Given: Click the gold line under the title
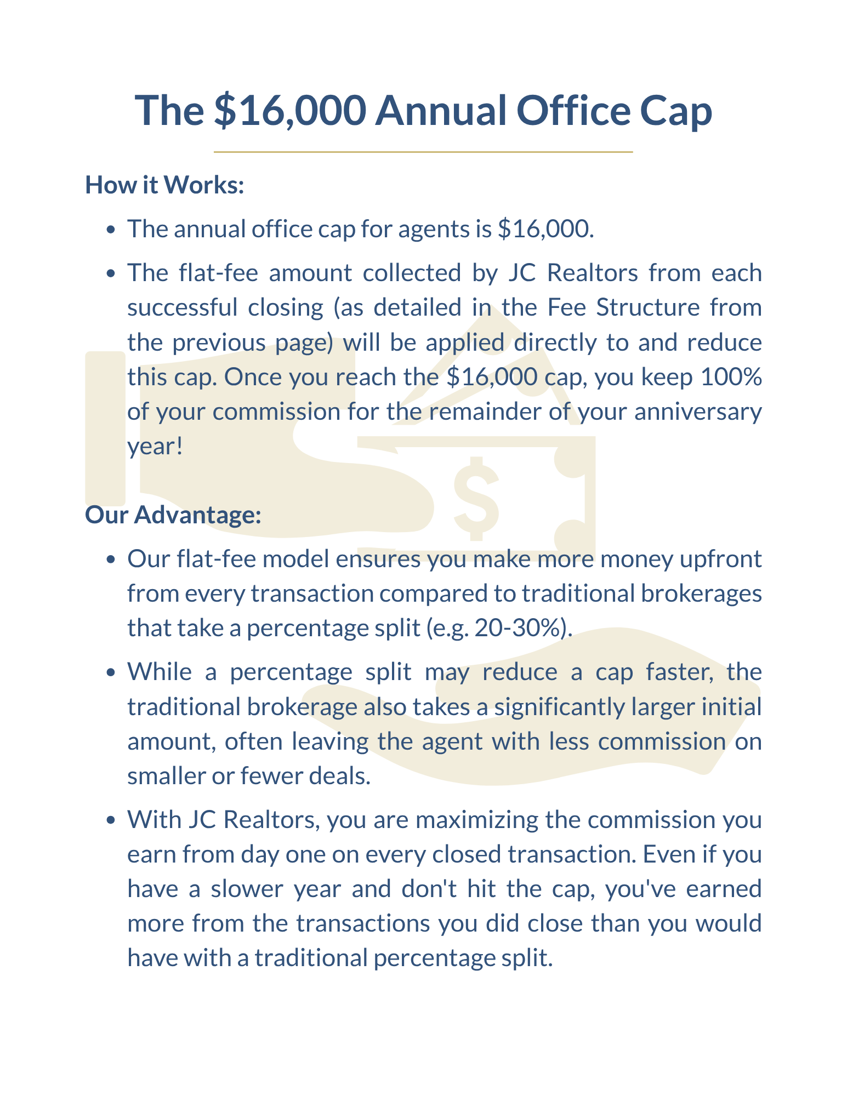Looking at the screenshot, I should click(x=423, y=152).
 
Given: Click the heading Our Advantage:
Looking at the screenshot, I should click(x=173, y=515).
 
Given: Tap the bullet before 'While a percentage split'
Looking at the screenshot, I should click(x=111, y=673).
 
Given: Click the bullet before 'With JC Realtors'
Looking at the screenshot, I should click(x=111, y=821).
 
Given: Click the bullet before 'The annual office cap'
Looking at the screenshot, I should click(x=111, y=230).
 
